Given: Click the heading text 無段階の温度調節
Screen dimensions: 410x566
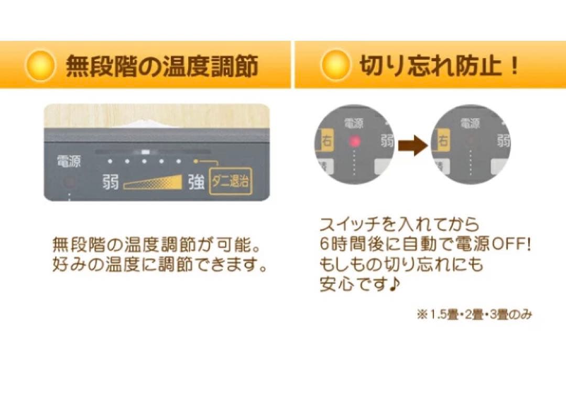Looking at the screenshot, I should pyautogui.click(x=161, y=67).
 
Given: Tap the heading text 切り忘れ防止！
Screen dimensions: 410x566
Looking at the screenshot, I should pyautogui.click(x=439, y=67).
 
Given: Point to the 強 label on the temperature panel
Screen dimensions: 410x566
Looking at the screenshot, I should pyautogui.click(x=196, y=183).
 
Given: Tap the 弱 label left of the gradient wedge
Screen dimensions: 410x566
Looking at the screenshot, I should pyautogui.click(x=110, y=183).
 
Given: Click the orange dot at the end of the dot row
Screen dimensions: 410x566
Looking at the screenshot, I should pyautogui.click(x=196, y=161).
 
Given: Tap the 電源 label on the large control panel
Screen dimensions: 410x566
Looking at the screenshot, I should pyautogui.click(x=69, y=162).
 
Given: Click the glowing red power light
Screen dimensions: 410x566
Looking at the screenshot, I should pyautogui.click(x=355, y=141).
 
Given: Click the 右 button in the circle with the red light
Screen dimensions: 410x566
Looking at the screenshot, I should pyautogui.click(x=328, y=140).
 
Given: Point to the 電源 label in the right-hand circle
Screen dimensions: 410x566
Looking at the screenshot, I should pyautogui.click(x=470, y=124).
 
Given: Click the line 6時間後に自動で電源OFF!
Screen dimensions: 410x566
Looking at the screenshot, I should pyautogui.click(x=422, y=245).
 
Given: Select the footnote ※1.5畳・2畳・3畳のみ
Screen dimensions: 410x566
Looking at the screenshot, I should pyautogui.click(x=474, y=315).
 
